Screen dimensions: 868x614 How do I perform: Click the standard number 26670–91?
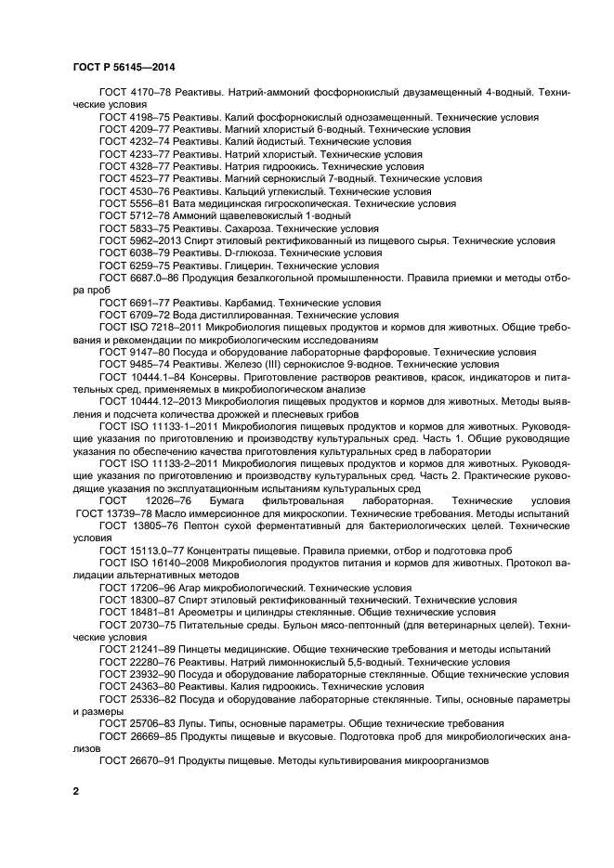pyautogui.click(x=153, y=760)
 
